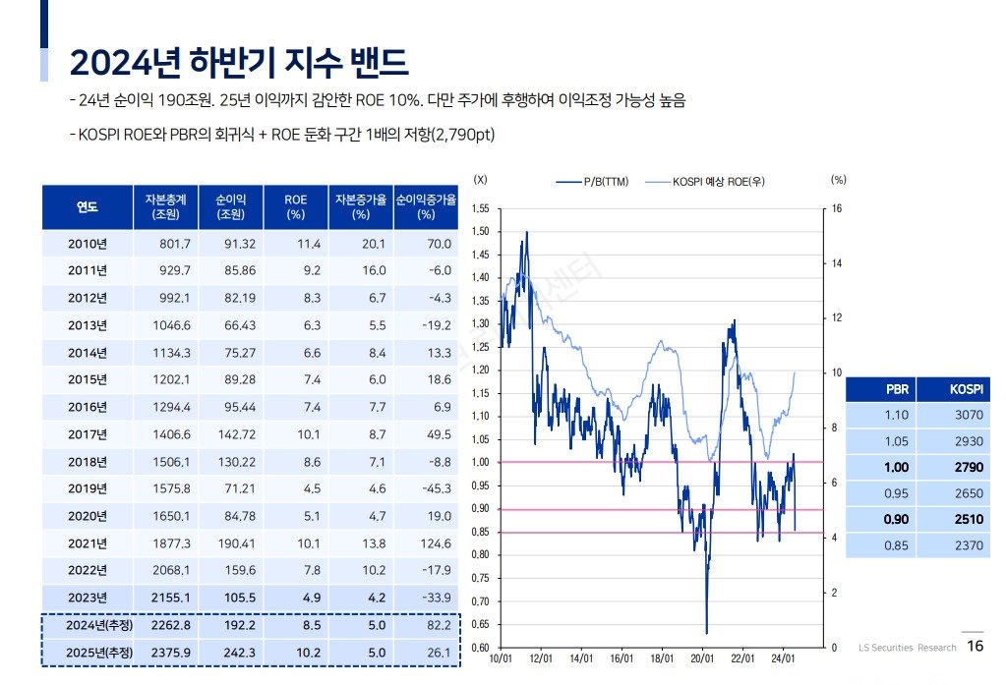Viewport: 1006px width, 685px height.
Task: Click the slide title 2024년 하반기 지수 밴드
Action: [x=238, y=62]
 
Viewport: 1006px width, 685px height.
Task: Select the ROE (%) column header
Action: [x=295, y=206]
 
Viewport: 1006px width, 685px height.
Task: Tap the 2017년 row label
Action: [x=87, y=433]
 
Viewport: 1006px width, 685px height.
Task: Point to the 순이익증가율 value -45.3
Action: [x=432, y=488]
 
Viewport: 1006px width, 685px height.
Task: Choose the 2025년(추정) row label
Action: [x=87, y=652]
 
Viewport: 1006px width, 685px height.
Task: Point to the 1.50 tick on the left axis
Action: [x=480, y=232]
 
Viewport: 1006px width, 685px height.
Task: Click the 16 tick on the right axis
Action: [x=837, y=209]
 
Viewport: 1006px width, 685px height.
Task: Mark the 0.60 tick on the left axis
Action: [x=480, y=647]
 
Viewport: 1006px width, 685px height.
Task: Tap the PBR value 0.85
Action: [x=896, y=545]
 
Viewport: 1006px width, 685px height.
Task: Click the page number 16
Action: [x=976, y=647]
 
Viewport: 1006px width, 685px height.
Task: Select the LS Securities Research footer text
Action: [x=907, y=648]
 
